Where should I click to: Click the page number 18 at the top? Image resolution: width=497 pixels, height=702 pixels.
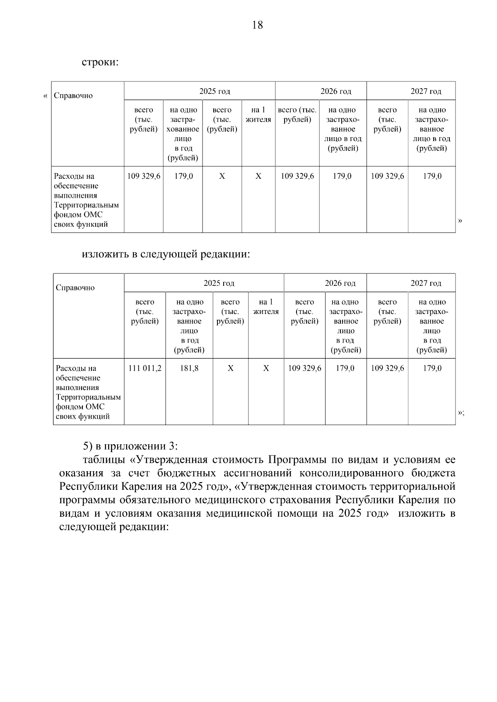coord(257,25)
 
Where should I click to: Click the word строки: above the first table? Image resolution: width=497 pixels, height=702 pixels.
coord(100,63)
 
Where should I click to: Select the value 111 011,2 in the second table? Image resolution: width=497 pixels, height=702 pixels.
coord(145,368)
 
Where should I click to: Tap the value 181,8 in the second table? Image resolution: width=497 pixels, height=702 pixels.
coord(189,368)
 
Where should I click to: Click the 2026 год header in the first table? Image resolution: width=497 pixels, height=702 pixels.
coord(335,91)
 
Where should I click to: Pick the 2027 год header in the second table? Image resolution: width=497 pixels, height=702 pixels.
coord(426,283)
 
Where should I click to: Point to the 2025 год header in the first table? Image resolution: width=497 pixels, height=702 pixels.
coord(215,91)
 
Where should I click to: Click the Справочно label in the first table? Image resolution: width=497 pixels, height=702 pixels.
coord(73,96)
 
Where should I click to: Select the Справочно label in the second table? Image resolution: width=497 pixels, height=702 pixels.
coord(75,288)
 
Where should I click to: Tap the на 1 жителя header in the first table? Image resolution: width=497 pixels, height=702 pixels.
coord(258,115)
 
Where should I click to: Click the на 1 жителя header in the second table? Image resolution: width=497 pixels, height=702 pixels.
coord(266,307)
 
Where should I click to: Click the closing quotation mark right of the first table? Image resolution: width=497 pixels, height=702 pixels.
coord(460,220)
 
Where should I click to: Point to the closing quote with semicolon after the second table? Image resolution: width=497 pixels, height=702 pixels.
coord(461,412)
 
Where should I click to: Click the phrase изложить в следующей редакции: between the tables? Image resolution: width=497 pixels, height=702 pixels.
coord(166,254)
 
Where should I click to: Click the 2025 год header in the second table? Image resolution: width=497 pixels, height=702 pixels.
coord(219,283)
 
